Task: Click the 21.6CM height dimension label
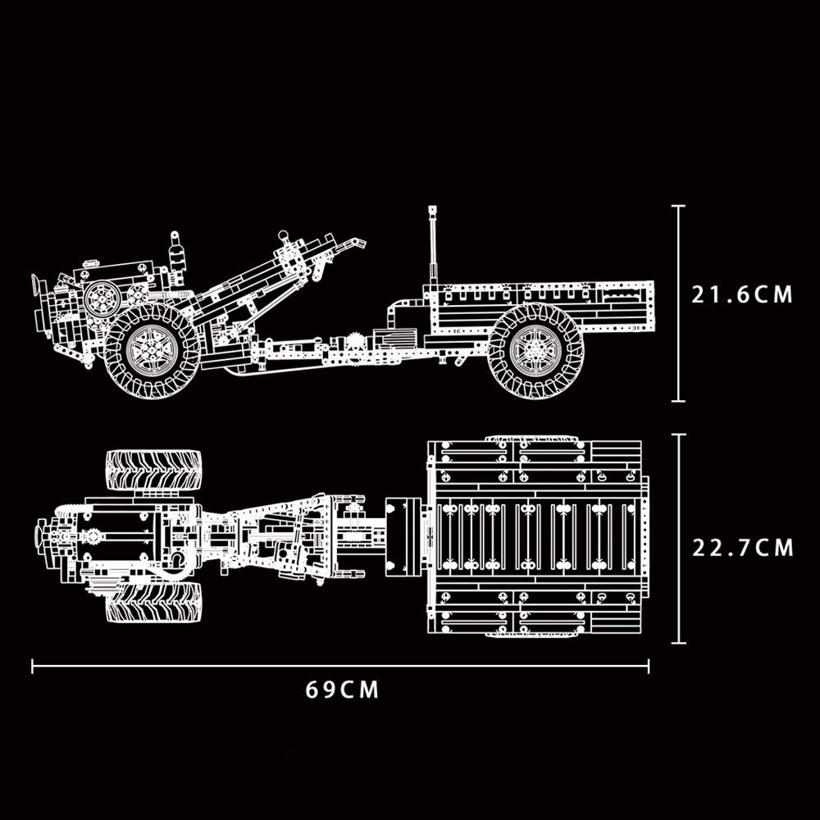coord(741,295)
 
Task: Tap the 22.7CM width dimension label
coord(743,548)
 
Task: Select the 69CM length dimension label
coord(342,690)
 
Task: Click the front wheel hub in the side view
coord(153,350)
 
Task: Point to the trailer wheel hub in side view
coord(535,350)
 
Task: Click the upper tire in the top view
coord(154,470)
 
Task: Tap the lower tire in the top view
coord(154,603)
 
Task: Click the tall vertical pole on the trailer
coord(432,245)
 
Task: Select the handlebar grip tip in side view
coord(359,243)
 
